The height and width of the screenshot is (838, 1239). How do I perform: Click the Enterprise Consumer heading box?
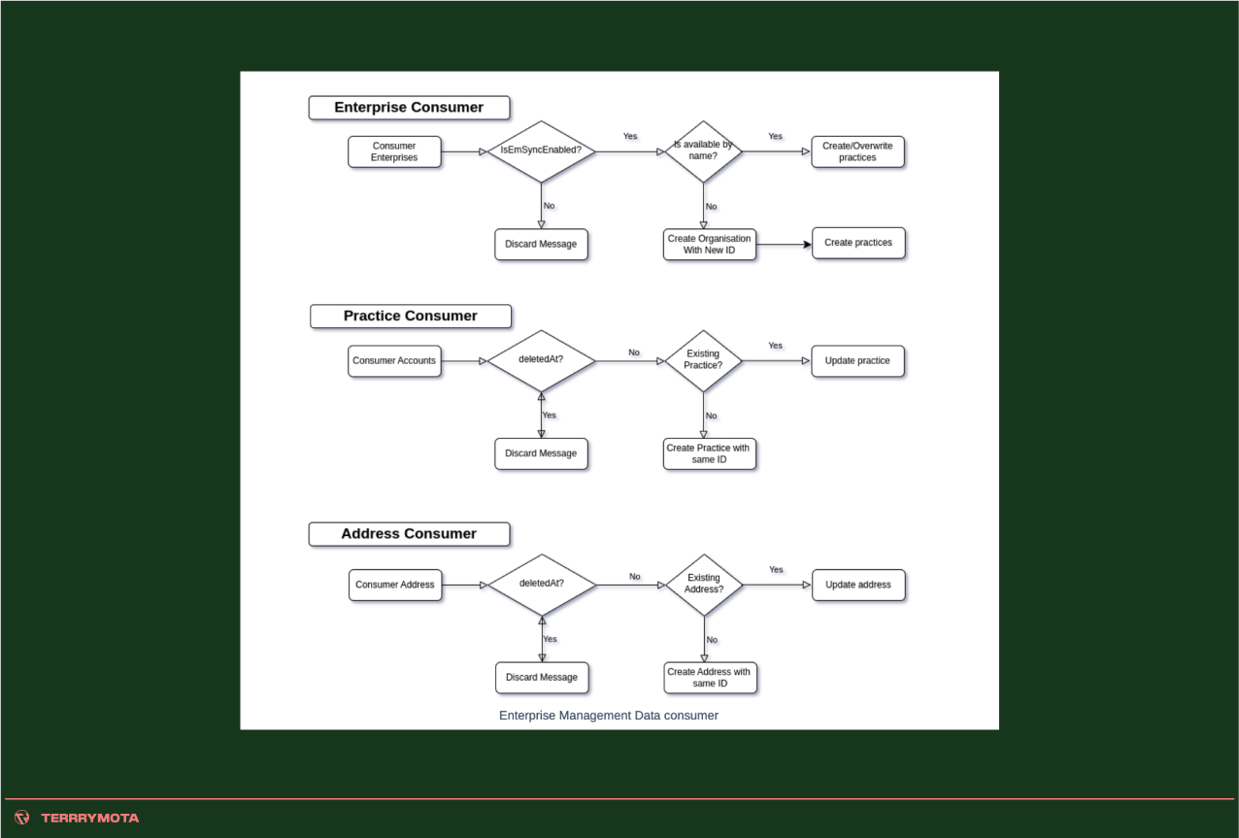tap(409, 108)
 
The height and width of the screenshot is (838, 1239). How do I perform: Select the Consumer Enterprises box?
tap(394, 151)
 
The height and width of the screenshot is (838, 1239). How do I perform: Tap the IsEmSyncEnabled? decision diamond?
tap(541, 151)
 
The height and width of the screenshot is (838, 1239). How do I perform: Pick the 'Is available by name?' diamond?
tap(703, 151)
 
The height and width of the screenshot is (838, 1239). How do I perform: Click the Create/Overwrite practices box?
tap(857, 151)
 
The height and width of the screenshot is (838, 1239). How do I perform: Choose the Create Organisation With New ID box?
tap(709, 245)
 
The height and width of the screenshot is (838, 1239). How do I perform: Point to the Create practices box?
tap(858, 243)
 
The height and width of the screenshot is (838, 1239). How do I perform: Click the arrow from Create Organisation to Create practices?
tap(783, 245)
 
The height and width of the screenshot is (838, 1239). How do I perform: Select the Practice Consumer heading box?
tap(410, 316)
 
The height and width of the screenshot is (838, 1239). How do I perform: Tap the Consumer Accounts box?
tap(394, 361)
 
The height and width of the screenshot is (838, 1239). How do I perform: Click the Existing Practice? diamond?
tap(703, 360)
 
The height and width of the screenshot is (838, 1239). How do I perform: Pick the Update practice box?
tap(857, 361)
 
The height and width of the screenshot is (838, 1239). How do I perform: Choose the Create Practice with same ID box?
tap(709, 453)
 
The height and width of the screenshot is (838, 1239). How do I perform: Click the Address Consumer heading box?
tap(409, 534)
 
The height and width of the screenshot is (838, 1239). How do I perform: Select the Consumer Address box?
tap(395, 585)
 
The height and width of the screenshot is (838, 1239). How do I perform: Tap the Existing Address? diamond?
tap(704, 584)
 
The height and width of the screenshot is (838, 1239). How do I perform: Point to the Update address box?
tap(858, 585)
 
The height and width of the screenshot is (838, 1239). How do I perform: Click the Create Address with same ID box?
tap(710, 678)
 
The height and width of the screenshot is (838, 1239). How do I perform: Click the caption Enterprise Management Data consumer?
tap(609, 716)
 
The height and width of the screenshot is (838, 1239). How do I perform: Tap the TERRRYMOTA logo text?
tap(89, 818)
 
